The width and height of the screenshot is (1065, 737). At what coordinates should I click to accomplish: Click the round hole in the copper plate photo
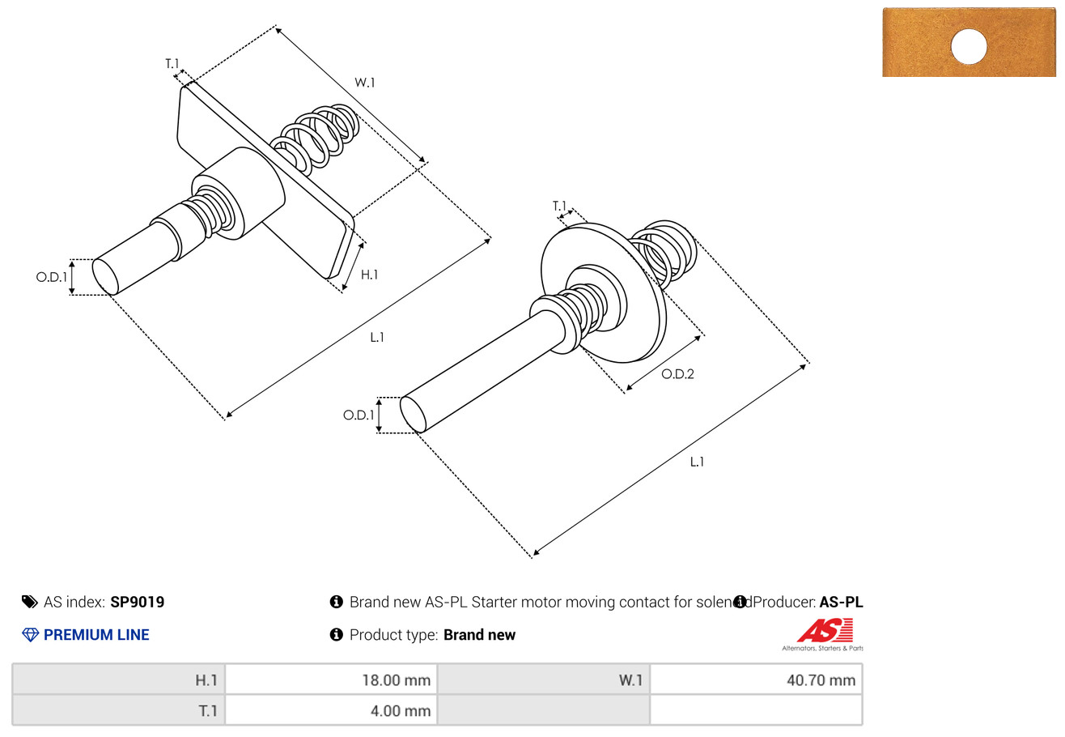click(969, 46)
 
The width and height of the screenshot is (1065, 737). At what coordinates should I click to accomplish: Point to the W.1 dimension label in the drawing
click(365, 83)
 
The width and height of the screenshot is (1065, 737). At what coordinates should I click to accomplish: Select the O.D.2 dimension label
click(677, 373)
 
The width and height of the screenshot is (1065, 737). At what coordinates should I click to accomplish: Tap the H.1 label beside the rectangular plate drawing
click(369, 275)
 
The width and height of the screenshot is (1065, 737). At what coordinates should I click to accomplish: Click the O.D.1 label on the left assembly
click(51, 277)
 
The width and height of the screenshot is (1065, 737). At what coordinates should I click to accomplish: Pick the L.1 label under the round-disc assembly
click(697, 462)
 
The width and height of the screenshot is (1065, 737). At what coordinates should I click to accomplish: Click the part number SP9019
click(138, 602)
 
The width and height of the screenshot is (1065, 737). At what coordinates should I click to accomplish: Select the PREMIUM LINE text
click(96, 635)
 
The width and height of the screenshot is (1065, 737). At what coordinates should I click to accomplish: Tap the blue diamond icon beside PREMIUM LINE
click(30, 635)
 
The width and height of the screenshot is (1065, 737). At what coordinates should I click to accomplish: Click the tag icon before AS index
click(30, 602)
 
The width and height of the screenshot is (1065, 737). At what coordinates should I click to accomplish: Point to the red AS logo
click(825, 629)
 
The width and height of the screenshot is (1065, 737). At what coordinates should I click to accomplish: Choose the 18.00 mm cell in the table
click(332, 680)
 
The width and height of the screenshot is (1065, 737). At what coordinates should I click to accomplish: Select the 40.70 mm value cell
click(756, 680)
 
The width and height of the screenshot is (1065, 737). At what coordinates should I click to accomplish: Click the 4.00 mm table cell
click(332, 711)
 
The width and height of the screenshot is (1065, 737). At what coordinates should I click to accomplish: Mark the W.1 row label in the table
click(543, 680)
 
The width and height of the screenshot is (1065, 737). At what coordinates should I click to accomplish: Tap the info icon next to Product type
click(337, 635)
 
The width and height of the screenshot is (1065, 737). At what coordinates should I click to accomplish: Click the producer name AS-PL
click(841, 602)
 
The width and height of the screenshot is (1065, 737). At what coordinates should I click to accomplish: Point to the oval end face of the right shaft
click(414, 415)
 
